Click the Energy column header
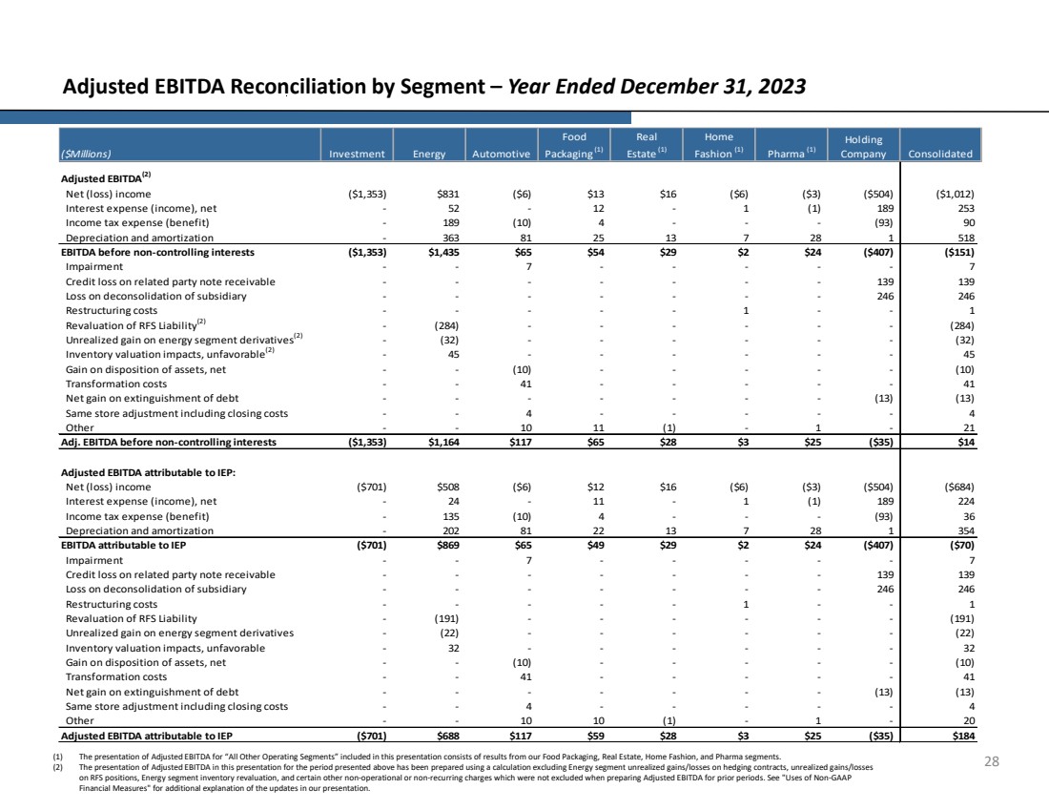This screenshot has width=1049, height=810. (x=429, y=154)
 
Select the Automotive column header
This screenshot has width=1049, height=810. (x=501, y=154)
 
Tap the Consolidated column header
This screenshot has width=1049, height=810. (x=940, y=154)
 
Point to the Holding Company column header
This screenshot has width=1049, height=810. (x=863, y=147)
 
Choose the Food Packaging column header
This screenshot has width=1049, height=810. (x=574, y=145)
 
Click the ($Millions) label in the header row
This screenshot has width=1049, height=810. (x=86, y=154)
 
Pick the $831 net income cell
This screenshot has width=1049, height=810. (x=448, y=194)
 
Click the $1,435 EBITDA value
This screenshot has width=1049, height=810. (x=443, y=253)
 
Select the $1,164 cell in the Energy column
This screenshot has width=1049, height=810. (x=443, y=442)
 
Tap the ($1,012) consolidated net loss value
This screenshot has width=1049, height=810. (x=955, y=194)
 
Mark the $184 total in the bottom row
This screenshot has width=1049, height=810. (x=963, y=736)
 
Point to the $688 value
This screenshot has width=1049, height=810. (x=448, y=736)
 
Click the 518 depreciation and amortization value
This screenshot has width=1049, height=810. (x=966, y=238)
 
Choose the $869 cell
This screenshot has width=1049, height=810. (x=448, y=545)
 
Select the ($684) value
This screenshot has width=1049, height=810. (x=958, y=487)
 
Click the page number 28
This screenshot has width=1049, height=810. (x=992, y=761)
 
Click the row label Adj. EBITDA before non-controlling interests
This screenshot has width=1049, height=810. (x=169, y=442)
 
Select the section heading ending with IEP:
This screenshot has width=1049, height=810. (x=149, y=472)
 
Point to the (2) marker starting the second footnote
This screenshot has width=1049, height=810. (x=57, y=767)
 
